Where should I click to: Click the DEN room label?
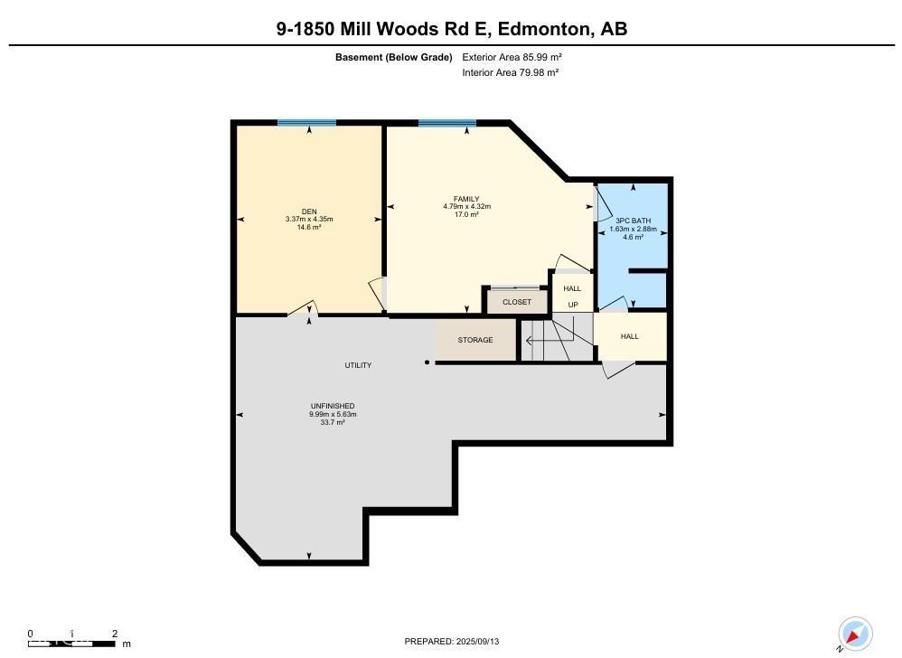[x=309, y=211]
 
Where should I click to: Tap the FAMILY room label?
[x=466, y=199]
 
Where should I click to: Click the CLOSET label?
[x=517, y=302]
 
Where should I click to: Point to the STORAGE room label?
[x=475, y=340]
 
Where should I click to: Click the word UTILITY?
[x=358, y=365]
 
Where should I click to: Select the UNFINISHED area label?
[x=333, y=406]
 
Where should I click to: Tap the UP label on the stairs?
[x=572, y=305]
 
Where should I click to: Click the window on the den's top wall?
[x=306, y=123]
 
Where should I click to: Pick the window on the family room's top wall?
[x=446, y=123]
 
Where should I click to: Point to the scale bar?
[x=72, y=643]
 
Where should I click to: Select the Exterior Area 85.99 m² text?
[x=512, y=57]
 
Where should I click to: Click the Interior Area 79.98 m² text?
[x=510, y=72]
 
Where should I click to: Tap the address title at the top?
[x=451, y=29]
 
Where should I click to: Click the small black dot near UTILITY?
[x=428, y=363]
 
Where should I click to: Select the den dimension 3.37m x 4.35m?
[x=309, y=220]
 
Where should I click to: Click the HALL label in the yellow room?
[x=629, y=336]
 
